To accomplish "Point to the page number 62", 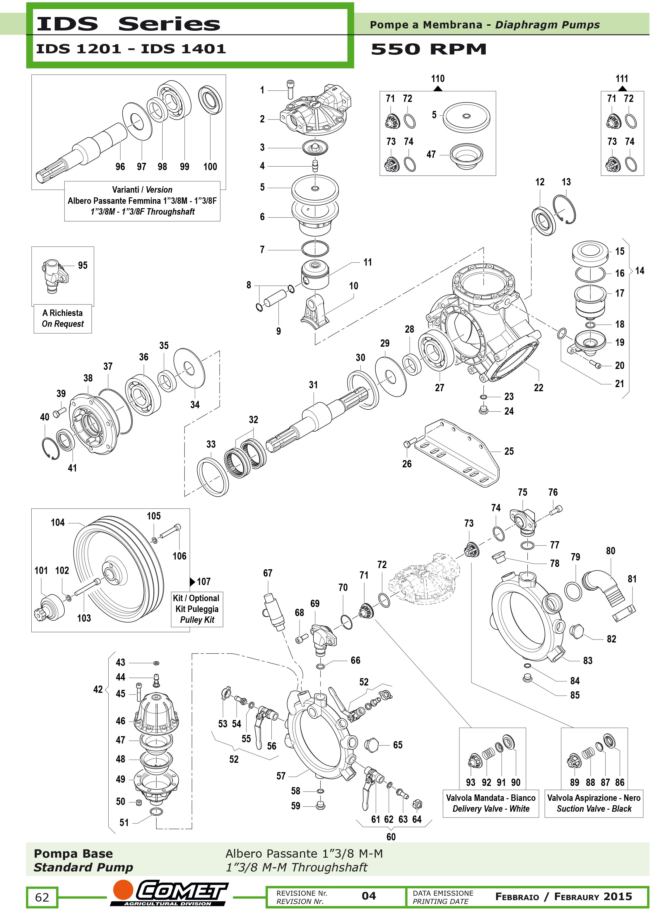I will (x=42, y=897).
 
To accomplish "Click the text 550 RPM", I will (x=428, y=49).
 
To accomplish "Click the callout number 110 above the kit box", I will (x=438, y=78).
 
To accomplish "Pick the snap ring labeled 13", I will (x=565, y=209).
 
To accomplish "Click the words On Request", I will (x=63, y=324).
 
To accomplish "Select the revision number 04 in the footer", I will (x=369, y=896).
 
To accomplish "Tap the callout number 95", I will (x=83, y=265).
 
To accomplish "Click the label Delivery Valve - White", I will (x=490, y=808).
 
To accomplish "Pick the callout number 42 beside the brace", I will (x=98, y=689).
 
